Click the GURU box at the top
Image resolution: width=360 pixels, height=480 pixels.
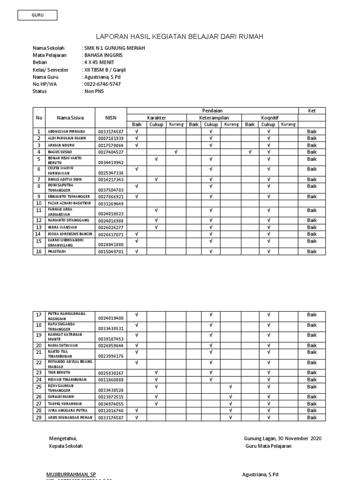[x=37, y=15]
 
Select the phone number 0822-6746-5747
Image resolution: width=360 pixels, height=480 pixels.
[x=102, y=84]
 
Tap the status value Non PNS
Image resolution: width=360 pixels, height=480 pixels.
[x=94, y=91]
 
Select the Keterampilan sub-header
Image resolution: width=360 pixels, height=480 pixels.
[x=214, y=118]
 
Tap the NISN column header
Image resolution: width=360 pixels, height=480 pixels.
[x=111, y=118]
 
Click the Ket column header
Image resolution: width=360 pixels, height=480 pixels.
[x=312, y=111]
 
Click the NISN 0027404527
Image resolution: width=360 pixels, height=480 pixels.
[x=111, y=152]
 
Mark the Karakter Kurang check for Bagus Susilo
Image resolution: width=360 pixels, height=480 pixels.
[x=175, y=152]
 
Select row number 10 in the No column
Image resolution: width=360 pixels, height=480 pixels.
[x=39, y=203]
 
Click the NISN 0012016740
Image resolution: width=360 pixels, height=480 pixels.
[x=111, y=410]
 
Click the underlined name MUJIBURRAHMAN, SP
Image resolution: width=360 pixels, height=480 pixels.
[x=71, y=474]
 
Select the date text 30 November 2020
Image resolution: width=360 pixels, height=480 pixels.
[x=299, y=438]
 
